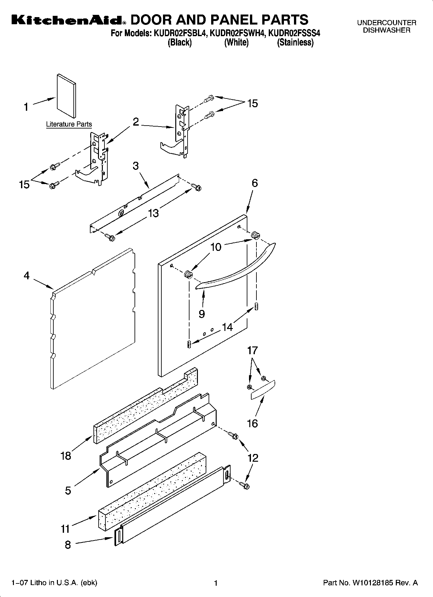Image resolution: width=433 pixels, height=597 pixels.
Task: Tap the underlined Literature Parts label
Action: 69,124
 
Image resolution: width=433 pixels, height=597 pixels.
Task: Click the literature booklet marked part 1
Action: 67,96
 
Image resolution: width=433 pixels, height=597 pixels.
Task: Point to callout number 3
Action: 135,166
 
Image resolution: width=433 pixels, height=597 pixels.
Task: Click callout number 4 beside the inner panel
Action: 27,276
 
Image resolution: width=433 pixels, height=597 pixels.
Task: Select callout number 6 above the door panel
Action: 255,183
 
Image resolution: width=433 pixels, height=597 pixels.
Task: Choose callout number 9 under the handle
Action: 202,314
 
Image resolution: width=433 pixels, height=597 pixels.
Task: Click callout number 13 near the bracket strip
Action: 154,213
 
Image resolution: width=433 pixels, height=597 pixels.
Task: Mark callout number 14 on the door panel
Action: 227,327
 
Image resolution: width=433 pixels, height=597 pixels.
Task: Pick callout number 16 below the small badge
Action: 252,423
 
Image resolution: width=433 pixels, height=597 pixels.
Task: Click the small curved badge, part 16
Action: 263,390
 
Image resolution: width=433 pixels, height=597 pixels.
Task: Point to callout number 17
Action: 253,350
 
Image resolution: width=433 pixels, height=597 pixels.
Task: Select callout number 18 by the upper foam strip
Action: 66,456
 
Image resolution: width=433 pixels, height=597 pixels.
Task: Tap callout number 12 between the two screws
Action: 253,458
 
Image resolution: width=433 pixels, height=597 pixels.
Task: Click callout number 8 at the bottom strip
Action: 68,545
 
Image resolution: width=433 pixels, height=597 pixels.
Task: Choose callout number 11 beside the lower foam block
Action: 65,529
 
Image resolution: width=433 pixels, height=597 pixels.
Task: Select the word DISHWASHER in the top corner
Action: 386,30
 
